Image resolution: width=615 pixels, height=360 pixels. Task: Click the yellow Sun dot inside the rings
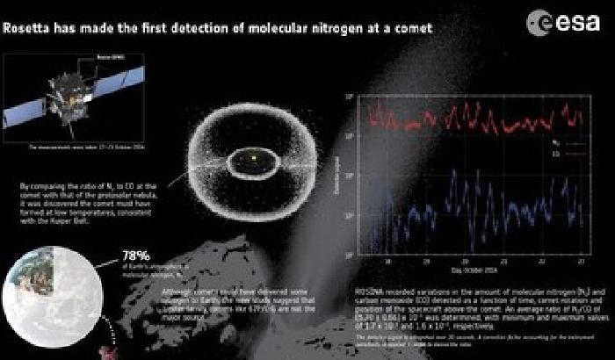click(252, 159)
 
